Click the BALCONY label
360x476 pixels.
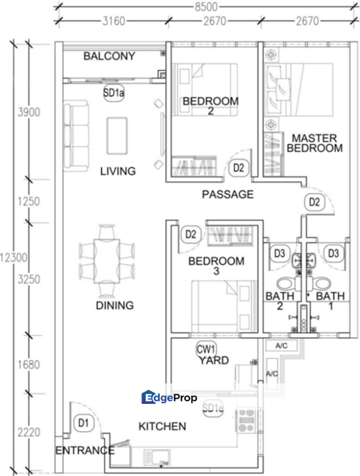(109, 56)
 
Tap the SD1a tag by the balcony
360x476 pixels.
(114, 94)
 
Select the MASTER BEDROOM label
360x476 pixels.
(314, 143)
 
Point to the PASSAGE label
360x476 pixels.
(227, 194)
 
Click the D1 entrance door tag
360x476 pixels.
(83, 421)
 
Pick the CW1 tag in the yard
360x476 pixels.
(207, 348)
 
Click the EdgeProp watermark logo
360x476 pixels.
(170, 397)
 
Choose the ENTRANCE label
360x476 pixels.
(85, 451)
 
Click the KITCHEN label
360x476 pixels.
(162, 426)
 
